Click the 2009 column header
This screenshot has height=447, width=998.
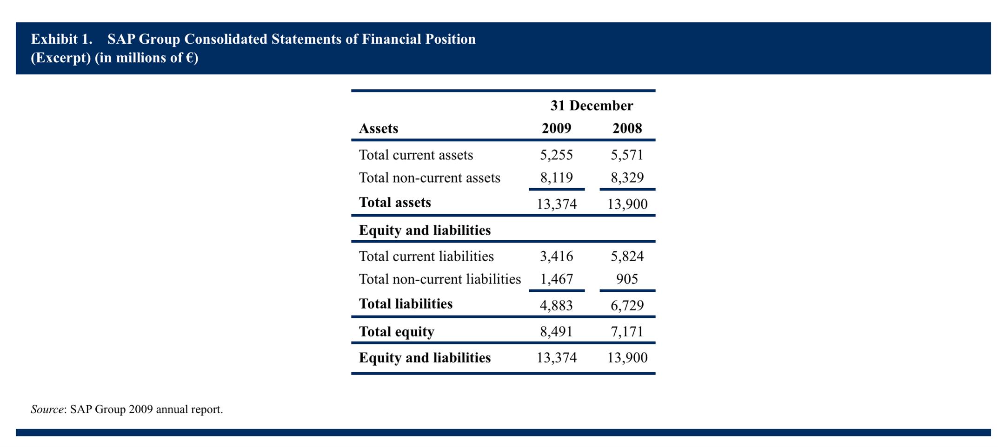[556, 128]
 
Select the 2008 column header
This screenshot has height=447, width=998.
[627, 128]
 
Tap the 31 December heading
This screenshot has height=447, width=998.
[592, 105]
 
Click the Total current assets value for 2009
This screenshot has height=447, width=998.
[556, 155]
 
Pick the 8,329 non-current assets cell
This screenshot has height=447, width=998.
[627, 177]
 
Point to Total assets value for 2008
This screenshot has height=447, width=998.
[627, 204]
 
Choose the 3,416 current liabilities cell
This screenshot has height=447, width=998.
[556, 256]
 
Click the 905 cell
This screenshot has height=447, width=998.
[627, 279]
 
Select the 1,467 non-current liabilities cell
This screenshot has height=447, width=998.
[556, 279]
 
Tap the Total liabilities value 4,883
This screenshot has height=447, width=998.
[556, 305]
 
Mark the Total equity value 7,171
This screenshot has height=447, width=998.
[627, 331]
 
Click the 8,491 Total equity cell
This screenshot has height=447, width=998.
[556, 331]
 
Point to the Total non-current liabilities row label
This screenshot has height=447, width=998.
[440, 279]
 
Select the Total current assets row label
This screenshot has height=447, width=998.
[416, 155]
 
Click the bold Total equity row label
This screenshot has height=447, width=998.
[397, 332]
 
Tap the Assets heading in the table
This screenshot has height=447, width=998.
[379, 128]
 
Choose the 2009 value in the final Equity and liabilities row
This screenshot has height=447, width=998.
[557, 357]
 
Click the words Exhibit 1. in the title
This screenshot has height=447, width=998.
[62, 39]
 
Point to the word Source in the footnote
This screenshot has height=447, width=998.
[47, 409]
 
